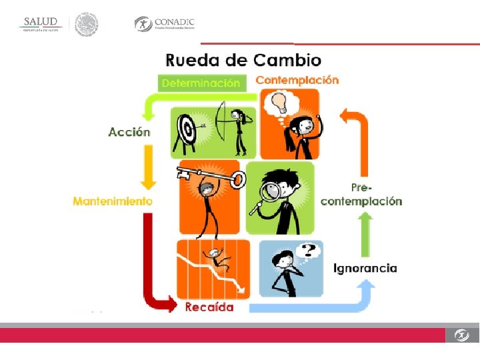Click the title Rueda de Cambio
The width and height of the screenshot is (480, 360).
pyautogui.click(x=243, y=60)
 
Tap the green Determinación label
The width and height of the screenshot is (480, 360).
pyautogui.click(x=201, y=83)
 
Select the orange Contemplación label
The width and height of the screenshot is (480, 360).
pyautogui.click(x=297, y=80)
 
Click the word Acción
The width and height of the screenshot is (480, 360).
pyautogui.click(x=129, y=132)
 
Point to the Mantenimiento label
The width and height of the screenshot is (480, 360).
pyautogui.click(x=113, y=201)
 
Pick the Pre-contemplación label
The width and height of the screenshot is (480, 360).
pyautogui.click(x=361, y=195)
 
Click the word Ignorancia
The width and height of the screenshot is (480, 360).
pyautogui.click(x=365, y=268)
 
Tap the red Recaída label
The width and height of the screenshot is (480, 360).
pyautogui.click(x=209, y=307)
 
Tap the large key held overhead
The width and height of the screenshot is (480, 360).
pyautogui.click(x=208, y=176)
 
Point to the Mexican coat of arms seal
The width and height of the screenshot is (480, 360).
pyautogui.click(x=87, y=25)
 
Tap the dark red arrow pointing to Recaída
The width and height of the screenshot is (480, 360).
pyautogui.click(x=153, y=267)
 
